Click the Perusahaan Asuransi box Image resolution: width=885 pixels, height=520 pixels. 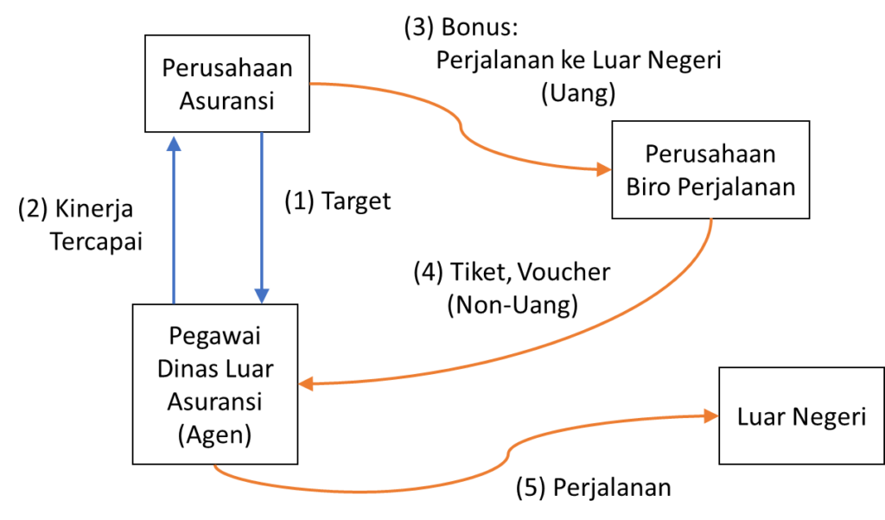click(227, 83)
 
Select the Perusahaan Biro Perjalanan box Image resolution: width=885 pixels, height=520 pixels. click(710, 170)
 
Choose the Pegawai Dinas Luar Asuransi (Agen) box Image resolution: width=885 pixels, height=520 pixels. click(214, 384)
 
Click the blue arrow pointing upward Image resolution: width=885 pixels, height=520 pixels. click(175, 225)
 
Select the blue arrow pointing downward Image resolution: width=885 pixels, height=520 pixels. click(262, 216)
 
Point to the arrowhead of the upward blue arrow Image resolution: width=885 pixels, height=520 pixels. click(175, 143)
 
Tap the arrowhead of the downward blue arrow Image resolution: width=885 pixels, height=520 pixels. click(262, 294)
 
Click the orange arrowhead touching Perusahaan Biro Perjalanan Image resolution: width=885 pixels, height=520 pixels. click(602, 169)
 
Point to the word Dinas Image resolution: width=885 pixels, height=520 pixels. click(186, 369)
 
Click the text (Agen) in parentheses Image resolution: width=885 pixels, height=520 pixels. click(214, 435)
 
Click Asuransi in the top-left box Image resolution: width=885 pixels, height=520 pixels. click(226, 100)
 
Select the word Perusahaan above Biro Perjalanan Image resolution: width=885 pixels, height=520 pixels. click(710, 155)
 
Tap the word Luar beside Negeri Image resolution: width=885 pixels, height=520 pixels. click(757, 417)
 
